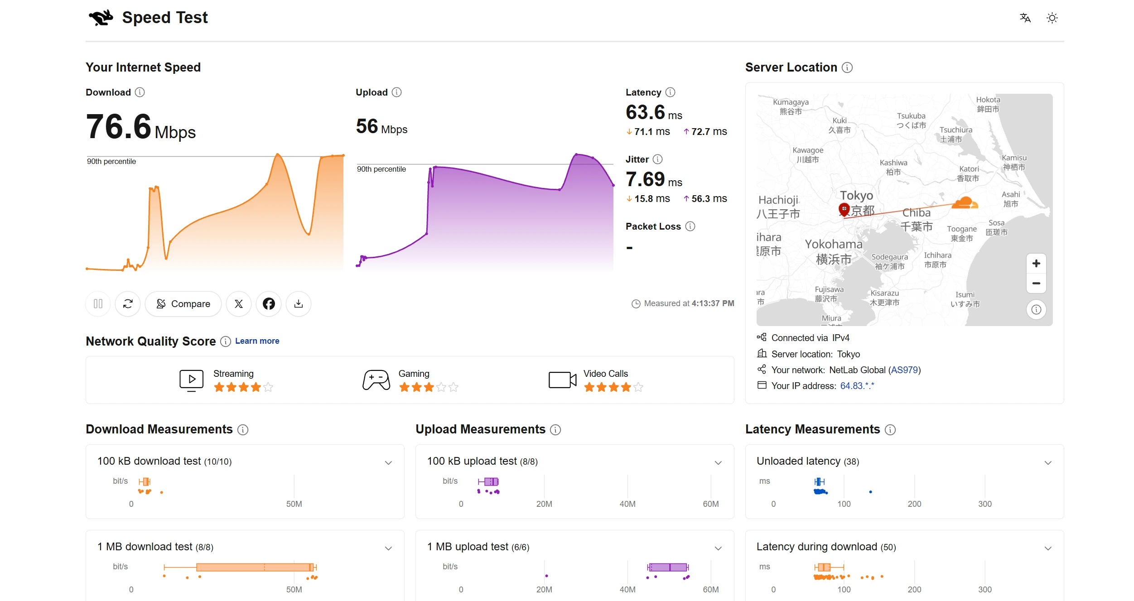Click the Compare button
(x=183, y=303)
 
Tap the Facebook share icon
(x=269, y=303)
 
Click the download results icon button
(x=299, y=303)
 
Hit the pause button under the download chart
(x=98, y=303)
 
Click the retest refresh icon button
(x=128, y=303)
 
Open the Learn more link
(x=257, y=341)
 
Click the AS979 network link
(x=904, y=370)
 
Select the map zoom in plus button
(x=1036, y=264)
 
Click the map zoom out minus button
(x=1036, y=284)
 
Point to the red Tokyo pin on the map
(x=844, y=210)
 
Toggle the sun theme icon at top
(x=1052, y=18)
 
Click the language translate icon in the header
(x=1025, y=18)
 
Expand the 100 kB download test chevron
(x=388, y=462)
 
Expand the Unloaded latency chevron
(x=1048, y=462)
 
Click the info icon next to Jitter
(x=657, y=159)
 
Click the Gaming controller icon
(x=376, y=380)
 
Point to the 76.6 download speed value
(x=119, y=126)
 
